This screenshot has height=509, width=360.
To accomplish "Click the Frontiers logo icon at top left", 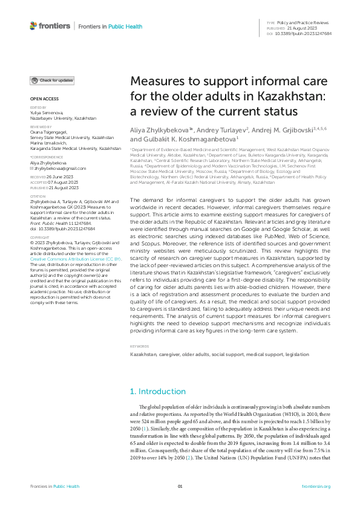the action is point(33,26).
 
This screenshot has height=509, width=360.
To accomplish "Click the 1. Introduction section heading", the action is point(158,392).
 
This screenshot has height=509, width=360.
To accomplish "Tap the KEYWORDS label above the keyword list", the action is point(140,346).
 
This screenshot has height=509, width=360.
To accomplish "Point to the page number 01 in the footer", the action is point(180,486).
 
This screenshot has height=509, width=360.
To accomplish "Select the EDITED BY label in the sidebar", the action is point(38,107).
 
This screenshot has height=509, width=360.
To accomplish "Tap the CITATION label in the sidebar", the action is point(38,196).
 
